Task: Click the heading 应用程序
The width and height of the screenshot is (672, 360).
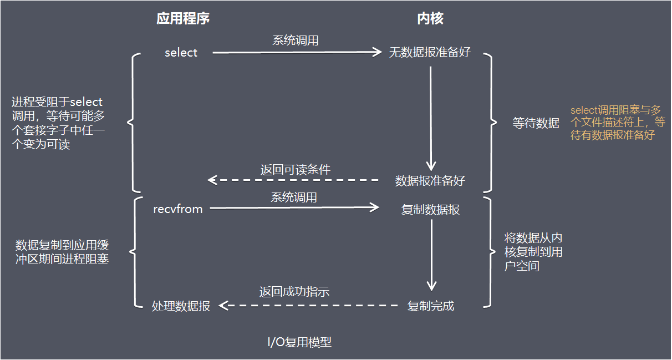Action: pyautogui.click(x=183, y=19)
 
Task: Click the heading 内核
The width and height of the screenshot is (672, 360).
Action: pyautogui.click(x=430, y=19)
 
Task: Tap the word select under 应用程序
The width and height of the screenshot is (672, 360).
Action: pyautogui.click(x=181, y=53)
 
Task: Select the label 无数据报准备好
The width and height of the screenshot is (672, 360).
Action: pyautogui.click(x=430, y=53)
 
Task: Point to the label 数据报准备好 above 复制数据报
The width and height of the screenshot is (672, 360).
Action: pyautogui.click(x=430, y=180)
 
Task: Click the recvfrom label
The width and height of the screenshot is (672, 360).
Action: pyautogui.click(x=178, y=209)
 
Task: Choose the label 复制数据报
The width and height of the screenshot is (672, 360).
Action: pyautogui.click(x=430, y=210)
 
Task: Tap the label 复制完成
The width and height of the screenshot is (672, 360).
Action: pyautogui.click(x=430, y=306)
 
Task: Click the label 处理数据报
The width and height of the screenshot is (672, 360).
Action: pyautogui.click(x=181, y=306)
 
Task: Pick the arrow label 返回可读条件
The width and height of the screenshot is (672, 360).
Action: pyautogui.click(x=296, y=170)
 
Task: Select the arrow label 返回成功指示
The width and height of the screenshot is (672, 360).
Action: pyautogui.click(x=295, y=292)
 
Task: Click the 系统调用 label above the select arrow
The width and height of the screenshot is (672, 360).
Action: pyautogui.click(x=295, y=40)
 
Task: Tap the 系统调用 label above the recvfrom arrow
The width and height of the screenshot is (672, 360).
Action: pyautogui.click(x=294, y=197)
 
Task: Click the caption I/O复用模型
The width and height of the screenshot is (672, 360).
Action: pyautogui.click(x=299, y=342)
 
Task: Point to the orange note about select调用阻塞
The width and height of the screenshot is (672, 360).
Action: pyautogui.click(x=617, y=123)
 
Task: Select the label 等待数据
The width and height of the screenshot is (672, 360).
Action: pyautogui.click(x=536, y=124)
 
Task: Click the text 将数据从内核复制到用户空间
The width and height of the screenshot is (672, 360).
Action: pyautogui.click(x=533, y=252)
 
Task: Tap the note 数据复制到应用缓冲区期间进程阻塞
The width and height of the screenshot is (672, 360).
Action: pyautogui.click(x=62, y=252)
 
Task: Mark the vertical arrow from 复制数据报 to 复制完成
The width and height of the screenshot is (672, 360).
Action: pyautogui.click(x=431, y=252)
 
